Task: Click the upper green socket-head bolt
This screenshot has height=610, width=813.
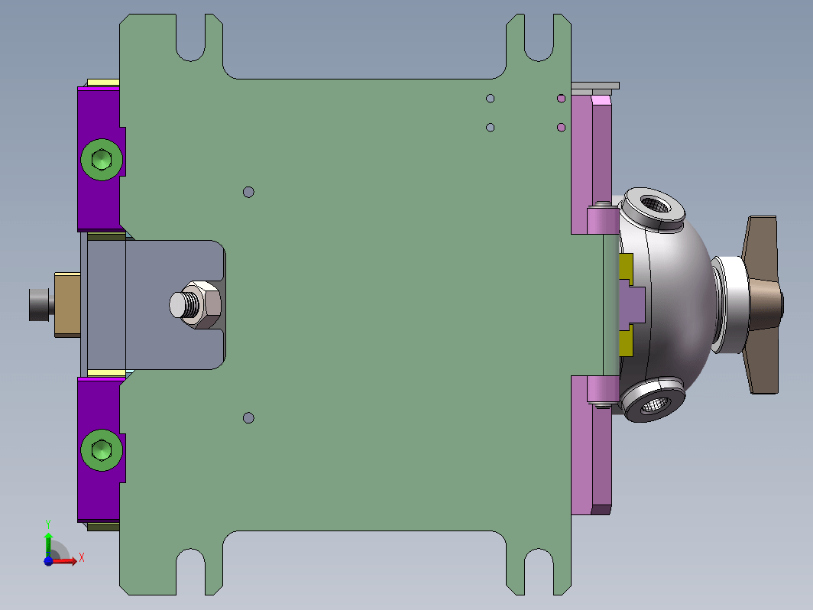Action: point(102,159)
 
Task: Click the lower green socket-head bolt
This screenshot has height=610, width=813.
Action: point(102,449)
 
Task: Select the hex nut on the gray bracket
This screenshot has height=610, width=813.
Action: point(202,304)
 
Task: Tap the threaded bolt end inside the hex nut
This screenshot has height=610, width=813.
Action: point(184,304)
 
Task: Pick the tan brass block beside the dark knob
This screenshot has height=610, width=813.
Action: point(67,304)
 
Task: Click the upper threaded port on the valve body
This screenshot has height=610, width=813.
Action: point(653,206)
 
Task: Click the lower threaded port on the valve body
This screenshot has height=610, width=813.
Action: point(653,401)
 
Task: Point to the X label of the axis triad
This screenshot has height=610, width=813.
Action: point(82,558)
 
